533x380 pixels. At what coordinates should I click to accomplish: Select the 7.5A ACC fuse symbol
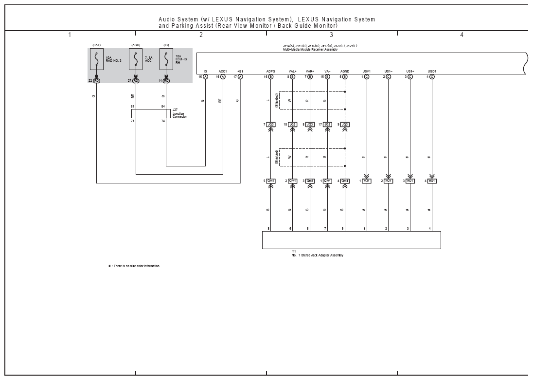pos(136,59)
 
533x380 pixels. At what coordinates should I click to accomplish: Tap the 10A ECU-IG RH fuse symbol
pos(166,59)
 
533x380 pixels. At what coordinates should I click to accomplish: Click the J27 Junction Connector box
pos(150,113)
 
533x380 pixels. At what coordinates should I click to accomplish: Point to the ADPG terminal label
pos(270,71)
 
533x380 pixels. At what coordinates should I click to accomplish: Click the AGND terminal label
pos(345,71)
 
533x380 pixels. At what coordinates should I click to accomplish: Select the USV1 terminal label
pos(367,71)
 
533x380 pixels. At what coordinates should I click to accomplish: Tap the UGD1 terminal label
pos(432,71)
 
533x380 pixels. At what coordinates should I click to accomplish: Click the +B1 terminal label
pos(240,71)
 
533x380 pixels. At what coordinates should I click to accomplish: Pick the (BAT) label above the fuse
pos(96,45)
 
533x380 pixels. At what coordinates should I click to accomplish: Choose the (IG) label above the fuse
pos(166,45)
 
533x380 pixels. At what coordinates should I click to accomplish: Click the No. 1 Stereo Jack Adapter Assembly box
pos(351,240)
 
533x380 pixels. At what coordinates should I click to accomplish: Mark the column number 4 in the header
pos(462,35)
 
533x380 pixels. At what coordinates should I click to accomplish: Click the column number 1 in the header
pos(70,35)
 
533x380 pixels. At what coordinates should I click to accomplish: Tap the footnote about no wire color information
pos(134,266)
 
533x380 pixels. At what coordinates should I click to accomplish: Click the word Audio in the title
pos(167,19)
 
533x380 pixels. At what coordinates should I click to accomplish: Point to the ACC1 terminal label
pos(223,71)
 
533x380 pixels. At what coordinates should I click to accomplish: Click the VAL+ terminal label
pos(292,71)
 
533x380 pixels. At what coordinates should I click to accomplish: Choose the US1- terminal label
pos(388,71)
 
